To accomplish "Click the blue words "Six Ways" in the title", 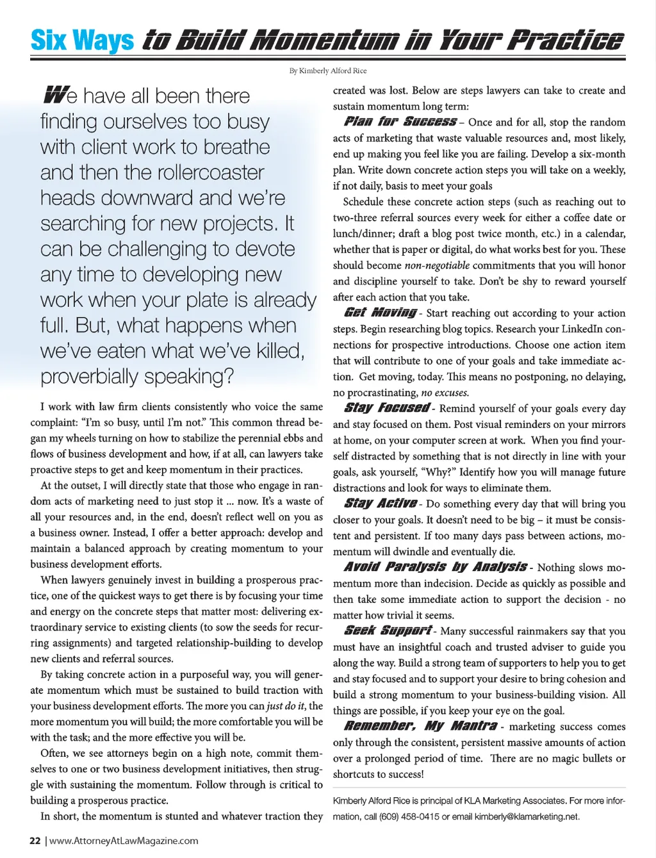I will (x=82, y=40).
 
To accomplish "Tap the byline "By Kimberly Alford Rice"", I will (x=327, y=71).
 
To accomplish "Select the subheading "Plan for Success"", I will (x=400, y=122).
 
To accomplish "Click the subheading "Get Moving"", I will (x=381, y=313).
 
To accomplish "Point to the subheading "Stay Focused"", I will (x=387, y=408).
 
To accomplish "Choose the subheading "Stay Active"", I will (x=381, y=504).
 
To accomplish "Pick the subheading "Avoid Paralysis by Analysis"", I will (x=436, y=567).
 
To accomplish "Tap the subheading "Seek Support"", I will (x=388, y=631).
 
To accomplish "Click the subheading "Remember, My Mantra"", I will (x=420, y=726).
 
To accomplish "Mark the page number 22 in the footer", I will (x=35, y=841).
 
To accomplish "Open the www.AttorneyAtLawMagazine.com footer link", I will (x=124, y=841).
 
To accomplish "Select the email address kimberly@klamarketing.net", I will (x=527, y=816).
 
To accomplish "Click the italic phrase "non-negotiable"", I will (x=437, y=265).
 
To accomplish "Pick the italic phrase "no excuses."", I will (x=445, y=393).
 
